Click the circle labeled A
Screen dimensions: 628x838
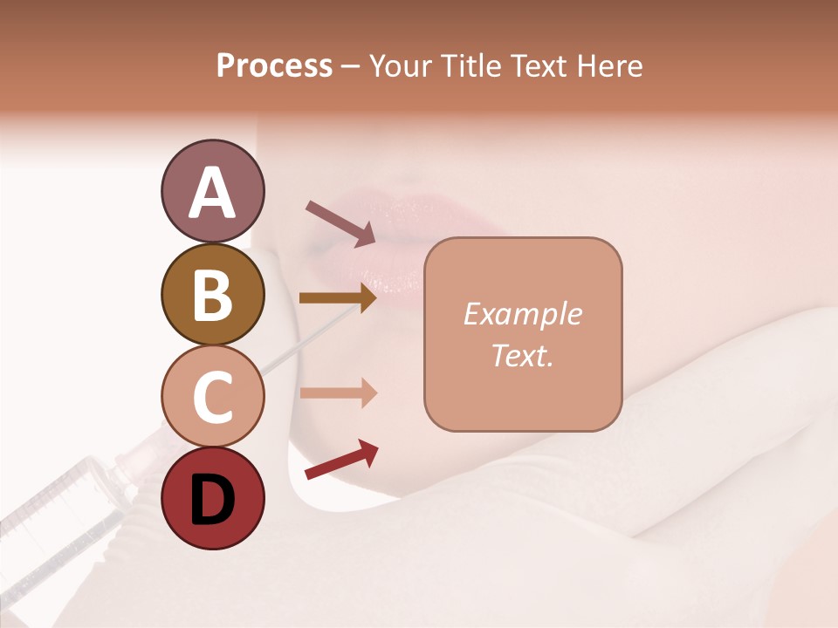pyautogui.click(x=212, y=191)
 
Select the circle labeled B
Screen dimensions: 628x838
pyautogui.click(x=212, y=294)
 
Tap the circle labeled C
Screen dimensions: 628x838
pyautogui.click(x=212, y=396)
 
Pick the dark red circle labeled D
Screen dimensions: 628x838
pyautogui.click(x=212, y=498)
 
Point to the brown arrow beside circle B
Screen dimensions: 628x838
pyautogui.click(x=338, y=298)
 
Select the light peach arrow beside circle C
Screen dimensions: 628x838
pyautogui.click(x=338, y=392)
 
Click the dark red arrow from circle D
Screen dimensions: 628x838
pyautogui.click(x=341, y=460)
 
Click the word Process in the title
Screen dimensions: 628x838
pyautogui.click(x=274, y=65)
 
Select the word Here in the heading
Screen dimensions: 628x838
pyautogui.click(x=609, y=65)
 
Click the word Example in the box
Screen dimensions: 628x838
pyautogui.click(x=522, y=314)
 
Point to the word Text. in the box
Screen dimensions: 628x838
pyautogui.click(x=522, y=355)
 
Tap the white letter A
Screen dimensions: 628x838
pyautogui.click(x=212, y=193)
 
